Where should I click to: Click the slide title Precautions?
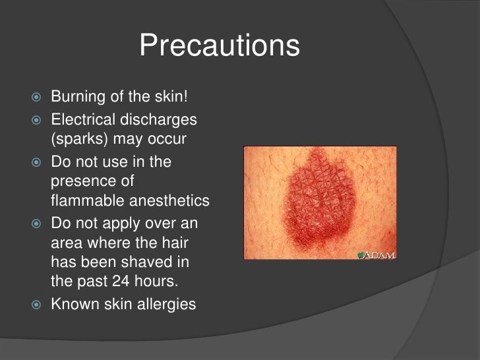[x=220, y=47]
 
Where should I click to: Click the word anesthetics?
[x=170, y=200]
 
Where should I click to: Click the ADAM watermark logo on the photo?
[x=376, y=256]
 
